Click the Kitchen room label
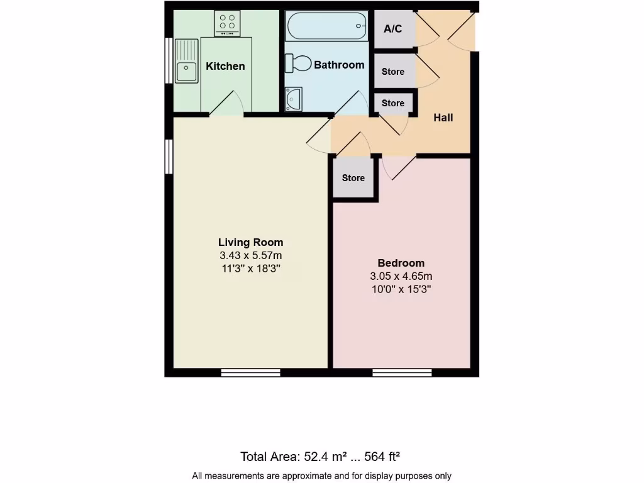coord(225,66)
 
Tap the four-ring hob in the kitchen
coord(228,23)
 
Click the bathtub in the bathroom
coord(327,26)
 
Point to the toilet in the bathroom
coord(299,63)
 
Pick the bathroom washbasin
coord(294,99)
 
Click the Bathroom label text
coord(339,65)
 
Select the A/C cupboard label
coord(394,29)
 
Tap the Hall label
coord(443,118)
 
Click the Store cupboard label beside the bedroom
coord(353,178)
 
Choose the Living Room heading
coord(250,242)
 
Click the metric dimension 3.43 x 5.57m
coord(250,256)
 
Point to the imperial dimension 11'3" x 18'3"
coord(250,269)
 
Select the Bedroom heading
coord(401,263)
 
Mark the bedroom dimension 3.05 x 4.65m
coord(401,276)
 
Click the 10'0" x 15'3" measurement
coord(401,289)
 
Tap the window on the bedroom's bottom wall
coord(402,372)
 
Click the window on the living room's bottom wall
coord(250,372)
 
